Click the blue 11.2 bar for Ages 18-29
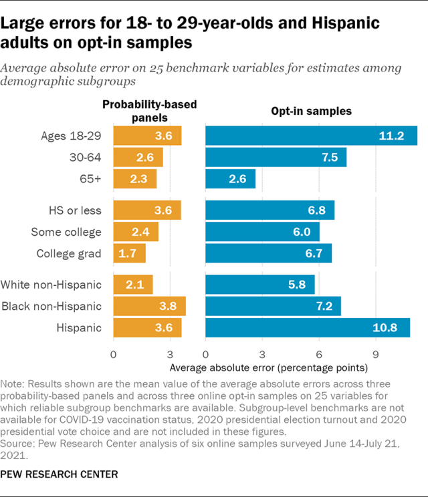point(311,136)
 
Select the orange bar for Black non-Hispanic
point(149,307)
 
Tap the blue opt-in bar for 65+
point(230,179)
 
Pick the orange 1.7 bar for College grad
point(129,254)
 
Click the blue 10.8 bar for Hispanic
point(308,328)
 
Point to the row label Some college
point(66,232)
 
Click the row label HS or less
point(76,211)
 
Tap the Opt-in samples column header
point(312,111)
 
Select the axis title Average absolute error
point(269,367)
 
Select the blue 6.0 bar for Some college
point(263,232)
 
